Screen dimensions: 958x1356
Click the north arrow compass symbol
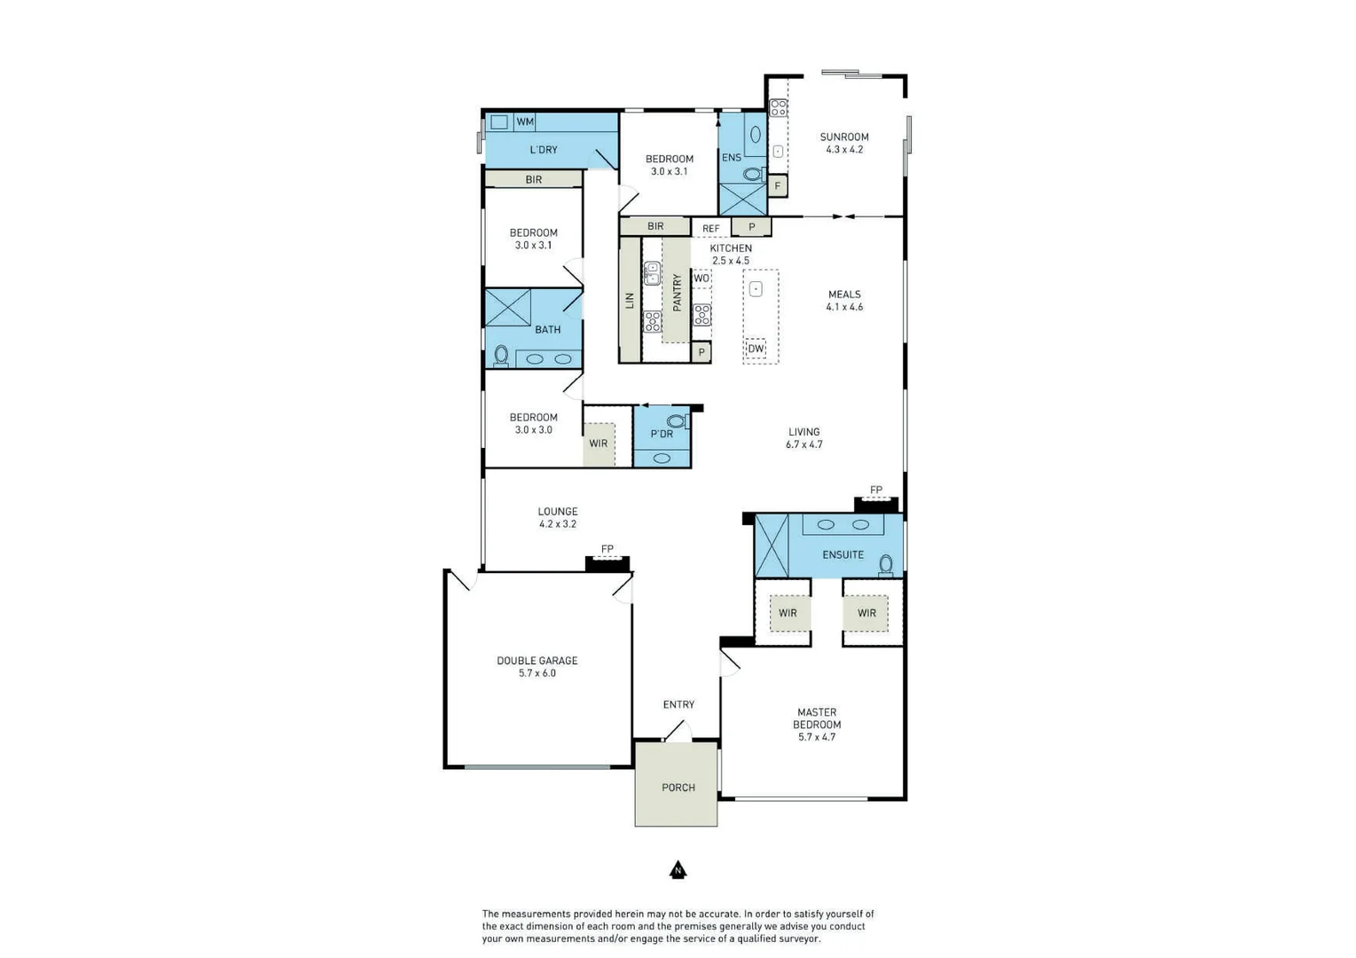(x=678, y=870)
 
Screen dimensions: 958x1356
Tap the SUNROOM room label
(x=843, y=137)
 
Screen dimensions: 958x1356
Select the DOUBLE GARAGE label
(x=537, y=660)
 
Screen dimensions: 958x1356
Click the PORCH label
(x=678, y=788)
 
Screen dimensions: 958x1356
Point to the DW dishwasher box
(x=756, y=349)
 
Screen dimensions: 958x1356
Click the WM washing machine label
(x=525, y=122)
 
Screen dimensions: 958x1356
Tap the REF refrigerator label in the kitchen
(x=710, y=229)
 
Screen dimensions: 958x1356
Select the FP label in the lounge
(x=607, y=549)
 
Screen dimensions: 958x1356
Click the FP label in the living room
(x=875, y=490)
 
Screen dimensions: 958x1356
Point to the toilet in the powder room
(x=677, y=421)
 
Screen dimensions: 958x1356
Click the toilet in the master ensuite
(x=885, y=564)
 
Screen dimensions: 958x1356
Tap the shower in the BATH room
(x=508, y=308)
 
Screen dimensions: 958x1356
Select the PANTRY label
(x=677, y=292)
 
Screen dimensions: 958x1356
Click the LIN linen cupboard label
(x=630, y=300)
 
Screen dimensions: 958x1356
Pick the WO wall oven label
(x=702, y=279)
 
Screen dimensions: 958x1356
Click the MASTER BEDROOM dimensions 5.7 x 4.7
(x=816, y=737)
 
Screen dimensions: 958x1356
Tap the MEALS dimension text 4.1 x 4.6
(x=843, y=307)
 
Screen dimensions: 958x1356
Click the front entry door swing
(x=678, y=731)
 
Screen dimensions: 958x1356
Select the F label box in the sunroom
(x=778, y=186)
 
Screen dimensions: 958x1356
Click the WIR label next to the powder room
(x=599, y=444)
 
